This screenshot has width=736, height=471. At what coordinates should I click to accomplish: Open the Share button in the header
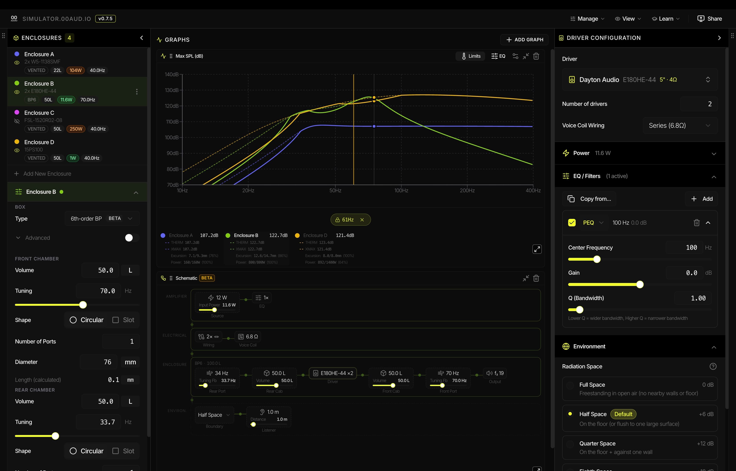click(x=709, y=19)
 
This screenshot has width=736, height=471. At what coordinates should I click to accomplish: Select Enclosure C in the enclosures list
click(x=39, y=113)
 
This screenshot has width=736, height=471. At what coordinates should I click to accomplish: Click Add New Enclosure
click(x=47, y=174)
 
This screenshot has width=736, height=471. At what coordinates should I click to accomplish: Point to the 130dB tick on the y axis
click(x=172, y=90)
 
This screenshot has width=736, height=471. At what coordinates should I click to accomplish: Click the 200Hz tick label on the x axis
click(x=467, y=191)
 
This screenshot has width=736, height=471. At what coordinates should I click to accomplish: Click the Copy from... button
click(x=589, y=199)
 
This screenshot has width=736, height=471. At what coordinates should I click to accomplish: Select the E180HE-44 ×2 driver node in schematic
click(x=333, y=373)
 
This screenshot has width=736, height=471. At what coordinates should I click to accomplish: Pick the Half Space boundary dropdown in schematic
click(x=214, y=415)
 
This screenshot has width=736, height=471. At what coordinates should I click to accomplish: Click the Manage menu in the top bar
click(x=587, y=19)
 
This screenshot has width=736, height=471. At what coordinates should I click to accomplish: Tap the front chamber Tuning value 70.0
click(x=99, y=291)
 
